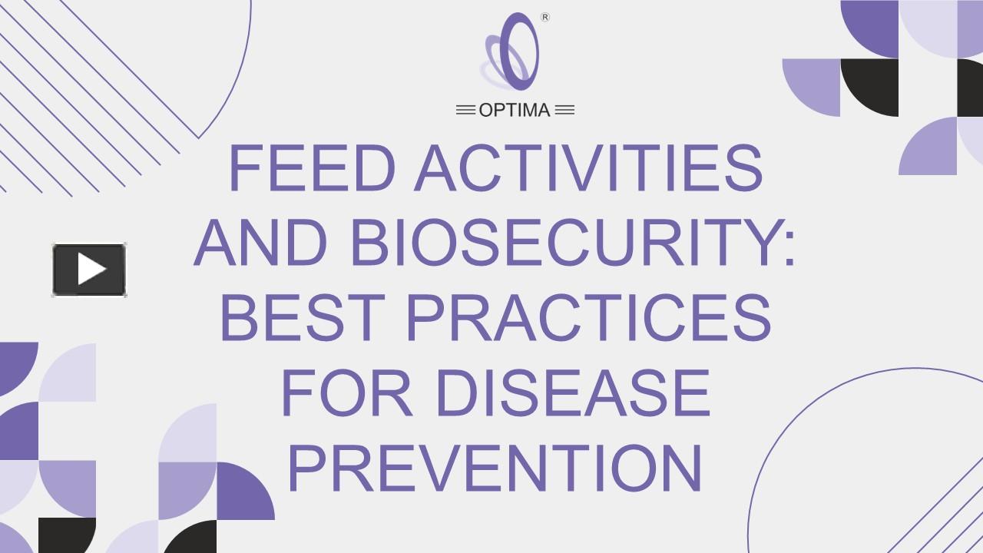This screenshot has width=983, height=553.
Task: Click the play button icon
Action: (89, 270)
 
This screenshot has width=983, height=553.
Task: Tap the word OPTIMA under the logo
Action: (515, 111)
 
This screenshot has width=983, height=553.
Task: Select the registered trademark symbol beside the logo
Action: (545, 18)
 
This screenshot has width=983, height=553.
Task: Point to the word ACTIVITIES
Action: (588, 169)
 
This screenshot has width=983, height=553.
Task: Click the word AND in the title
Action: (261, 243)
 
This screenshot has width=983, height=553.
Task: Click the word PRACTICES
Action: (588, 318)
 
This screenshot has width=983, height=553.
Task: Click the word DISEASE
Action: (572, 393)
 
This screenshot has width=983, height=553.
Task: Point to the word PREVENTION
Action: (495, 469)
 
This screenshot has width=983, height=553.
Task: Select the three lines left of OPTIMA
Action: (465, 111)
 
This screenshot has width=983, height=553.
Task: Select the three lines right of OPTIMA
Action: (564, 111)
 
